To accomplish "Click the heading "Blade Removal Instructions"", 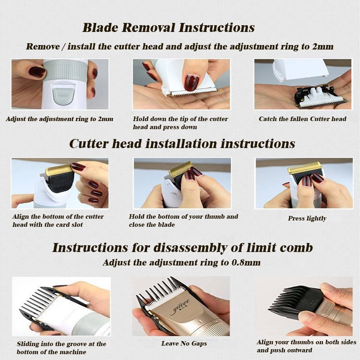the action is pos(168,27).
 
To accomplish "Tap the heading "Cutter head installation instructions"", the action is pos(182,144).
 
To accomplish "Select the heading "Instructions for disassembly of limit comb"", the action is pos(183,248).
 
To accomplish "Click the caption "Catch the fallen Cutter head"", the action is pos(302,119).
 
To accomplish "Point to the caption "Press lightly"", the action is pos(307,218).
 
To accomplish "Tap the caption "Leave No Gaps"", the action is pos(184,343).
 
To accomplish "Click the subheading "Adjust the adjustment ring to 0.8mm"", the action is pos(182,262).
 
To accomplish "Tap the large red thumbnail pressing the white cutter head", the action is pos(192,82).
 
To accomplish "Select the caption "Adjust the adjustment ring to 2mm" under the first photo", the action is pos(60,119).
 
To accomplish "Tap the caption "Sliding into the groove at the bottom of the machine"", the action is pos(61,347).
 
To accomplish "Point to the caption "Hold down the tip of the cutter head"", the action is pos(180,123).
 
